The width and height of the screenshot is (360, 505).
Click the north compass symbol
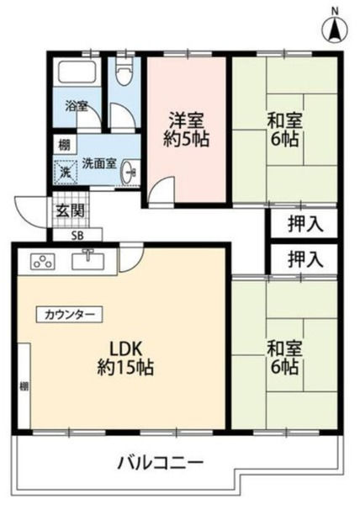point(335,29)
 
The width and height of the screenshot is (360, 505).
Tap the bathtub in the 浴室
point(77,72)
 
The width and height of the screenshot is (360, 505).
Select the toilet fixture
point(124,72)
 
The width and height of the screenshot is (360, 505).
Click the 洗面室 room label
point(98,164)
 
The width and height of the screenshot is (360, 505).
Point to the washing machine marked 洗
point(66,172)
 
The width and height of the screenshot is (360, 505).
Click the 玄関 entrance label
point(71,211)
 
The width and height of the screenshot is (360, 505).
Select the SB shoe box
point(77,236)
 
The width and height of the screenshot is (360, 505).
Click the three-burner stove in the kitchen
point(43,261)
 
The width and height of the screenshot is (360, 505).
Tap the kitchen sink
point(88,261)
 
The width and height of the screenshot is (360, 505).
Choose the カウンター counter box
point(69,314)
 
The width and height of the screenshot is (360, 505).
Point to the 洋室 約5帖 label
point(187,130)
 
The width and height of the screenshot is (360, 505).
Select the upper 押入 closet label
point(305,224)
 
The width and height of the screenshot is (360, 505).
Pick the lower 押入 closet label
point(305,259)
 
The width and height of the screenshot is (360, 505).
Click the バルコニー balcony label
point(160,463)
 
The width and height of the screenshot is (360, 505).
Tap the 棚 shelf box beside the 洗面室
point(64,146)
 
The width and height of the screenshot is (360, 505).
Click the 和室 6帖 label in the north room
point(283,129)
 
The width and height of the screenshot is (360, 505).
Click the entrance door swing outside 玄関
point(31,214)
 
